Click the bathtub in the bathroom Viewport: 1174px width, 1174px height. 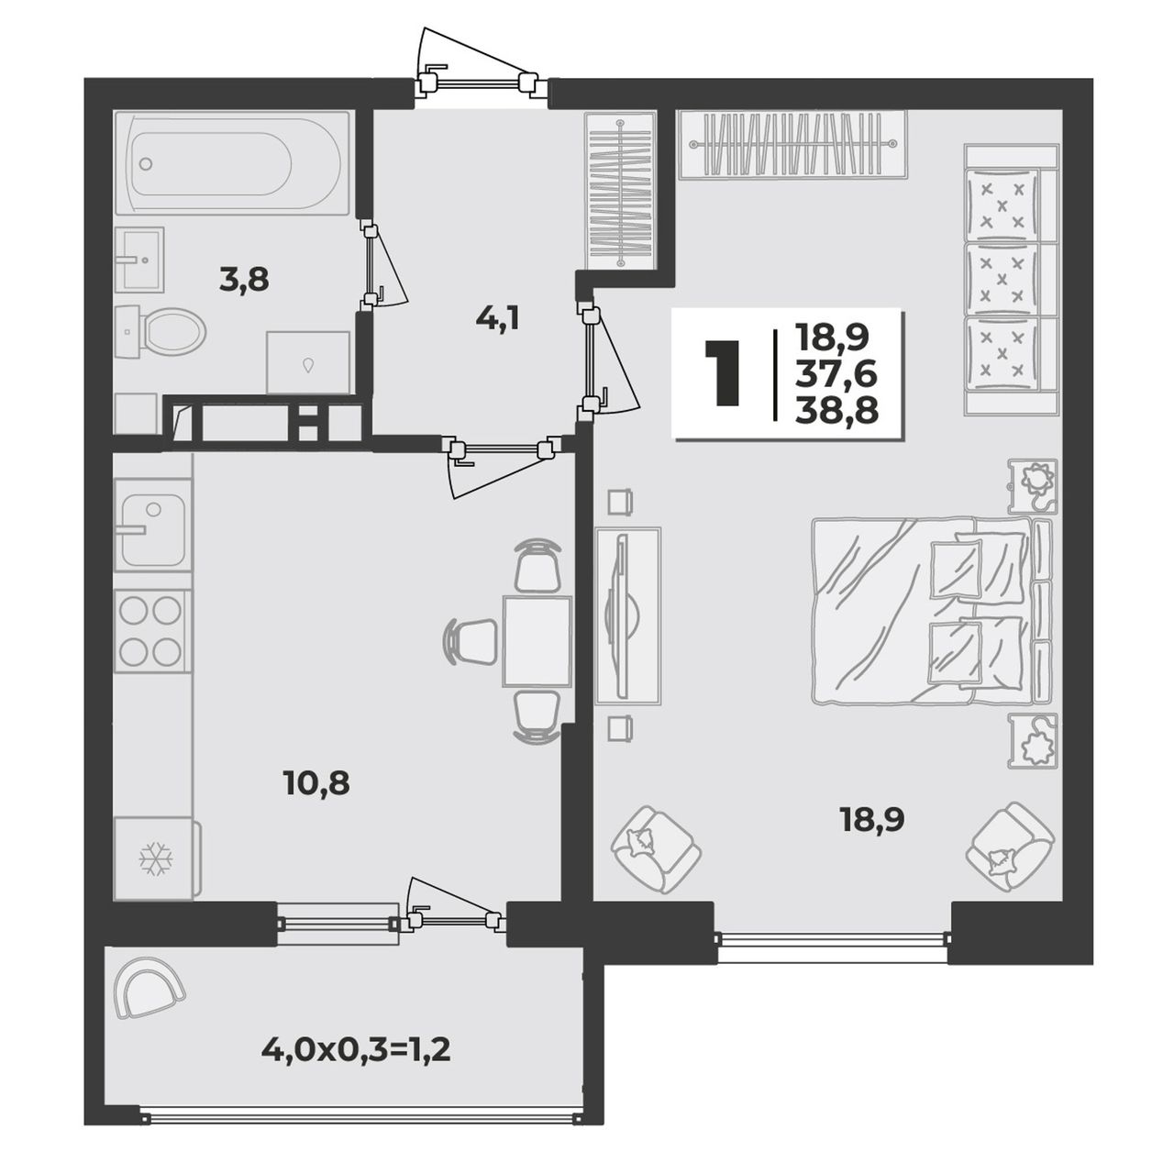(231, 162)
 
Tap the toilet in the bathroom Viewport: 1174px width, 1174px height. (161, 333)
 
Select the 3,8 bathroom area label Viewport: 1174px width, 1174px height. (244, 282)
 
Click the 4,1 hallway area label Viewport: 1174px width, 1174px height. (497, 318)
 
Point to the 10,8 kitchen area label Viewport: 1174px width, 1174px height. (316, 783)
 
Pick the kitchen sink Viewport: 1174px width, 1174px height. (153, 526)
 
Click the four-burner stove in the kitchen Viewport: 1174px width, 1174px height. (152, 631)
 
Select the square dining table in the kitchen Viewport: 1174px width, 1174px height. (537, 641)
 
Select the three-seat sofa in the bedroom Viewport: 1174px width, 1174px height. (1011, 280)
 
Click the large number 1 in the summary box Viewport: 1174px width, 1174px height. (723, 373)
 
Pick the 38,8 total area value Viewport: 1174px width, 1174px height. (836, 412)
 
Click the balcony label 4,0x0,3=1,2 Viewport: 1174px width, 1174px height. (357, 1049)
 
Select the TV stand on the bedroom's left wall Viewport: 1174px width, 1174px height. (628, 616)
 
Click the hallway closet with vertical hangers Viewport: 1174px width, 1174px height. (620, 190)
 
